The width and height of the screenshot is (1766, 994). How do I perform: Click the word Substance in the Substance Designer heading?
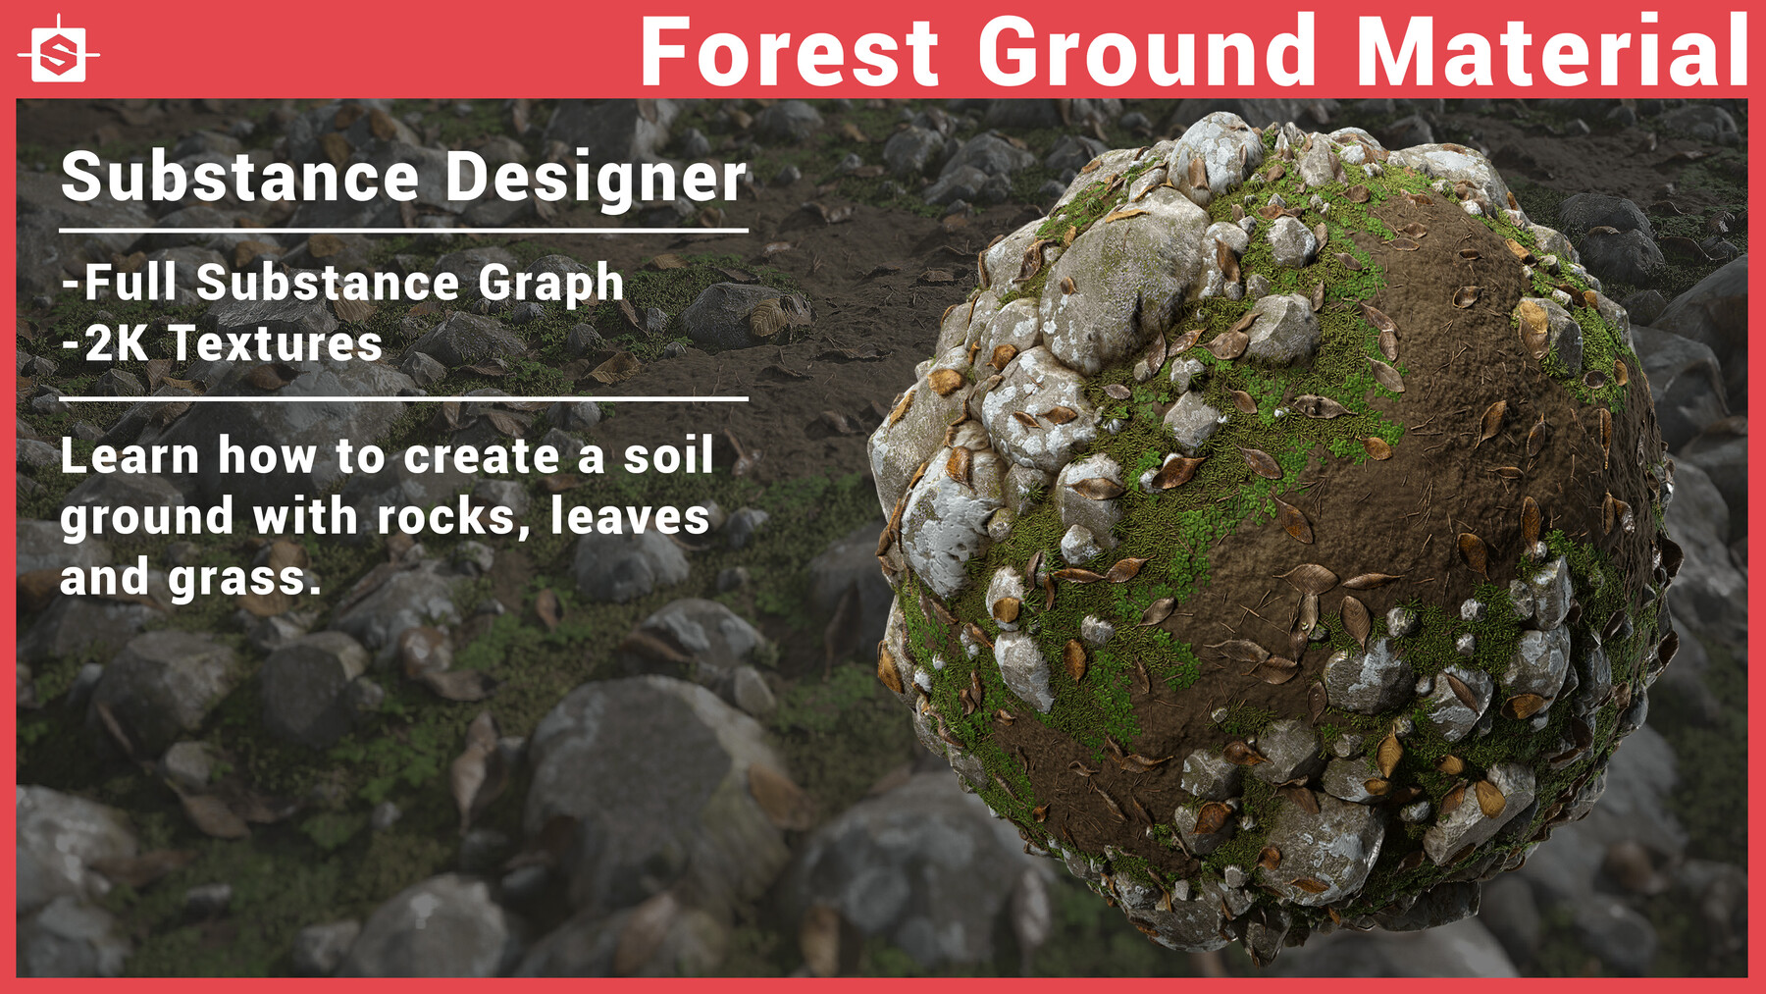tap(240, 178)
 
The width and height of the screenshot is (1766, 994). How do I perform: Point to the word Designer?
tap(596, 180)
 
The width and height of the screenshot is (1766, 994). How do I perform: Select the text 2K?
tap(117, 344)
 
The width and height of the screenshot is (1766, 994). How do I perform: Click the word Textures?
tap(276, 344)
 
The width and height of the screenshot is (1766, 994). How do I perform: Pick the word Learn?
tap(130, 456)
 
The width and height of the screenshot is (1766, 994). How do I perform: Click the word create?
tap(483, 457)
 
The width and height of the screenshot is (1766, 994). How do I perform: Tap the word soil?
tap(668, 456)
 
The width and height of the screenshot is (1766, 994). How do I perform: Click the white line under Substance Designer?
tap(403, 232)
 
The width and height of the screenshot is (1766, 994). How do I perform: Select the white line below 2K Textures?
tap(403, 399)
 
